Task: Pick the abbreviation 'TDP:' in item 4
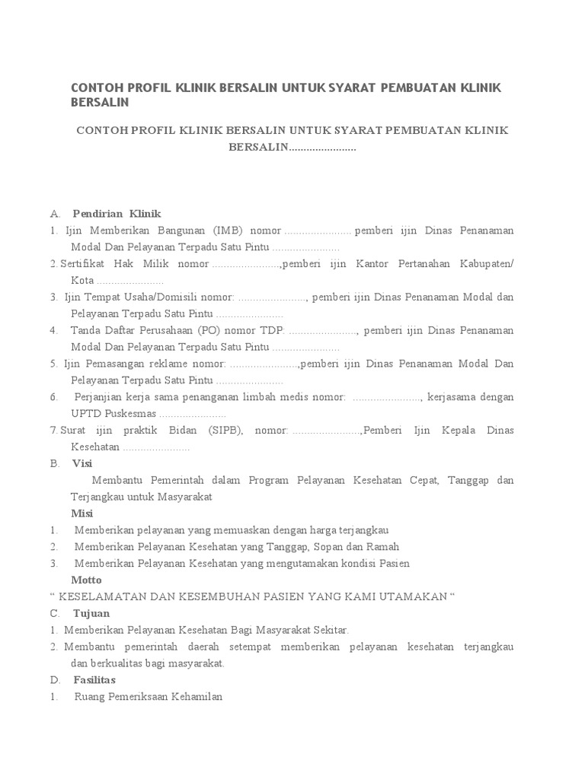[272, 330]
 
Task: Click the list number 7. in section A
[54, 431]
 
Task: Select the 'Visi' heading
[82, 463]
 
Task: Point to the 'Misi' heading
[82, 514]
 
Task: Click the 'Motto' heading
[86, 580]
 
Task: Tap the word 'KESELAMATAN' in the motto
[97, 596]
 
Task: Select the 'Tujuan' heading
[91, 613]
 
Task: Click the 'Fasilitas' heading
[94, 679]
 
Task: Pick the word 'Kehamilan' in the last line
[197, 696]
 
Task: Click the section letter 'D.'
[55, 679]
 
